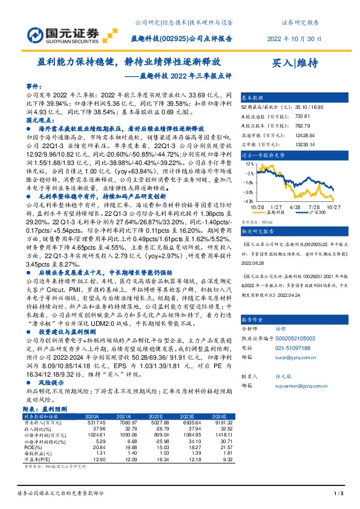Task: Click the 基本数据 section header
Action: coord(253,97)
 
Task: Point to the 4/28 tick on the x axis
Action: coord(296,206)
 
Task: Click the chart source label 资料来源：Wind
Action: coord(259,222)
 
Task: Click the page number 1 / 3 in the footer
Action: coord(339,495)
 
